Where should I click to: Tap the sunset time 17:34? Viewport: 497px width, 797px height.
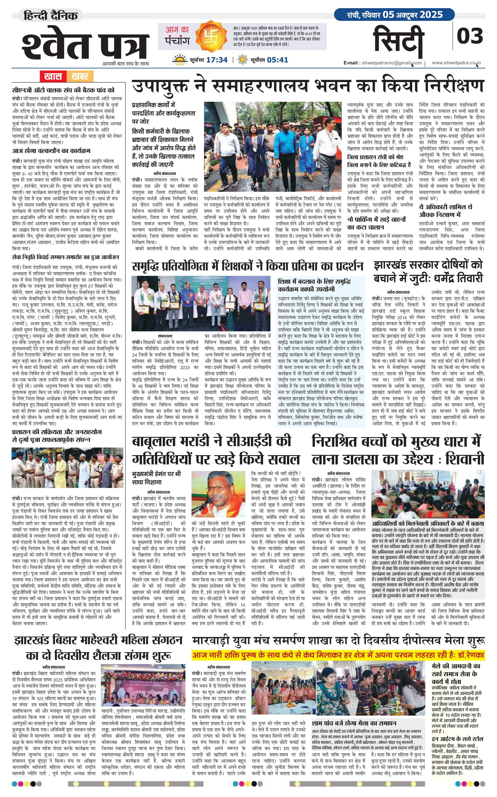217,60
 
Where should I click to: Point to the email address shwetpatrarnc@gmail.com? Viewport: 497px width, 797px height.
391,63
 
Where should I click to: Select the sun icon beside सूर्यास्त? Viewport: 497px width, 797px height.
180,60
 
